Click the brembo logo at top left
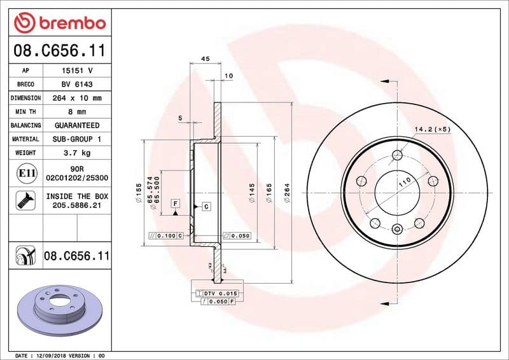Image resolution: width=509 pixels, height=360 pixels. click(59, 23)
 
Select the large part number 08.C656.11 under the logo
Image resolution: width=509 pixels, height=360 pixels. click(59, 50)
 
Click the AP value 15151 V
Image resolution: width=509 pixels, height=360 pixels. click(78, 71)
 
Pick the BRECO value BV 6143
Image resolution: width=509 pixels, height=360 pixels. click(77, 85)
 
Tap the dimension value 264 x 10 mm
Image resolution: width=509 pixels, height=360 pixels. click(77, 98)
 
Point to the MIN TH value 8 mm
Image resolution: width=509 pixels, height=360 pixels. click(77, 112)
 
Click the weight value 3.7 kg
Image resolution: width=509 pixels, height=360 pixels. click(77, 153)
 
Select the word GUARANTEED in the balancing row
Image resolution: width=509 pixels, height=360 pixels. click(77, 125)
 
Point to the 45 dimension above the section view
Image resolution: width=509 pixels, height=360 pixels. click(205, 59)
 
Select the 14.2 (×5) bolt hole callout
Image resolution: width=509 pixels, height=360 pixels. click(432, 129)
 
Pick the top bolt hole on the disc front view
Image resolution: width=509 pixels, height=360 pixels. click(398, 155)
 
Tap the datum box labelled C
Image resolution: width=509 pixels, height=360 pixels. click(207, 207)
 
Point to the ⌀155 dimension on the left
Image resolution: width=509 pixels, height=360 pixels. click(138, 193)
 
